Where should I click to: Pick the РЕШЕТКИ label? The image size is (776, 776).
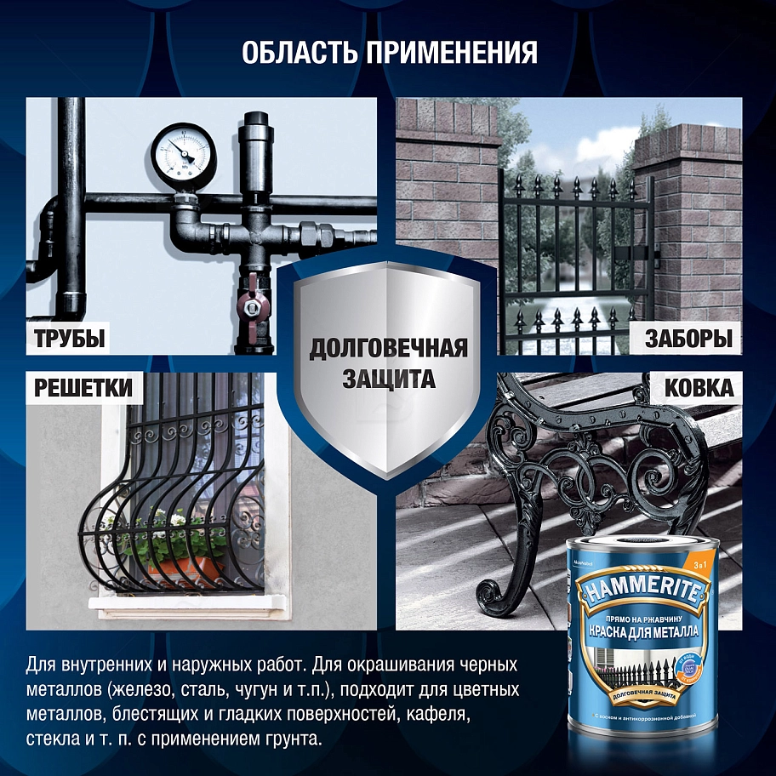point(83,389)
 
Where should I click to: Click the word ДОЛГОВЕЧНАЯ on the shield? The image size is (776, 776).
point(388,349)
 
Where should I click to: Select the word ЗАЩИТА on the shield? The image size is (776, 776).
point(388,379)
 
